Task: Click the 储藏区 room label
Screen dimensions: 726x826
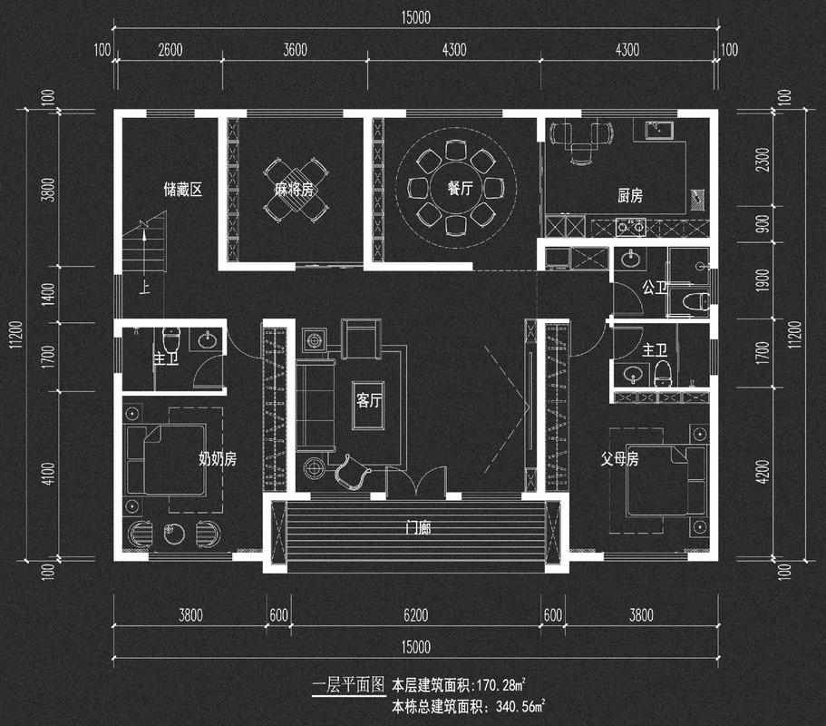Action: [x=181, y=190]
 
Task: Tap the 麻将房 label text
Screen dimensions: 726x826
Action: [x=295, y=190]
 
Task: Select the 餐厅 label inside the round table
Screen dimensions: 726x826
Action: [x=460, y=190]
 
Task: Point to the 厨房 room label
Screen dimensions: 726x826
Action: [x=629, y=195]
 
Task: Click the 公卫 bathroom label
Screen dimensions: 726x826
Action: [x=654, y=288]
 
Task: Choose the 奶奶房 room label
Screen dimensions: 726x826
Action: [x=218, y=459]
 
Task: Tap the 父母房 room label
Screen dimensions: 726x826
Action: [x=620, y=459]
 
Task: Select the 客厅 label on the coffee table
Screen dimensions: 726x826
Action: [x=368, y=400]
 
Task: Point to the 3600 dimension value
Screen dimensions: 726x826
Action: [x=295, y=50]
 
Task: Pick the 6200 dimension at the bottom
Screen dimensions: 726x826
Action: [x=416, y=615]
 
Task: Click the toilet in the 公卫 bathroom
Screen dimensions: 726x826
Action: [x=694, y=302]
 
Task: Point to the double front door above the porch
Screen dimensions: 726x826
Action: [x=416, y=482]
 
